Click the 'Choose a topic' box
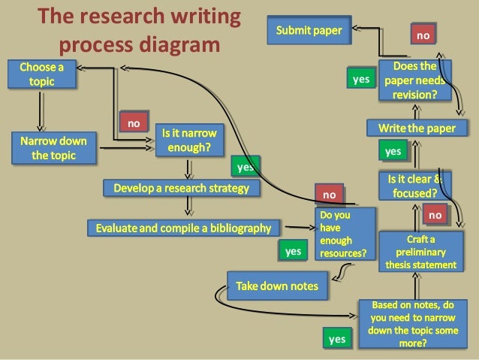[x=41, y=74]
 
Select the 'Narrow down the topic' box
[x=53, y=148]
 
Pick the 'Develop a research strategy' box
[x=181, y=188]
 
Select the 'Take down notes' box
[x=277, y=286]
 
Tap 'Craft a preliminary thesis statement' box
[x=420, y=252]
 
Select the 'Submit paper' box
[x=309, y=31]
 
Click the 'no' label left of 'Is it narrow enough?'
[x=134, y=123]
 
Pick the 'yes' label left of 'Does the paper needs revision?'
[x=361, y=78]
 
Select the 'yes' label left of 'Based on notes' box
[x=337, y=339]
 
